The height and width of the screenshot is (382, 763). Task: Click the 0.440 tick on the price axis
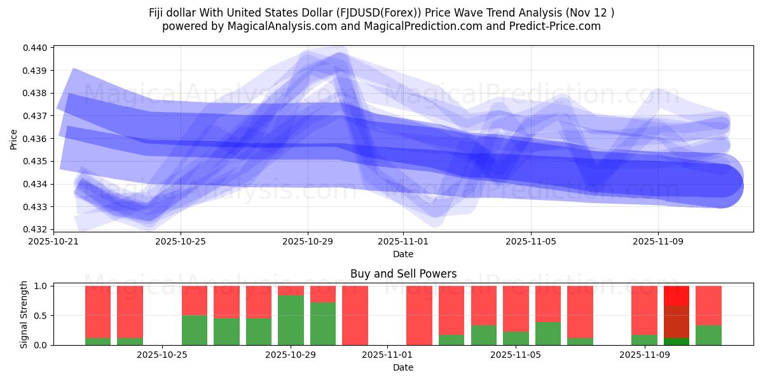click(x=36, y=48)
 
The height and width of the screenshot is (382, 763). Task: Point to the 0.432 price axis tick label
click(x=36, y=229)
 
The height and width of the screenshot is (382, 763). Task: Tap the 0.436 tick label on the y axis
click(x=36, y=139)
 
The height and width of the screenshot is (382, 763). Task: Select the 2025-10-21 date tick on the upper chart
click(x=53, y=242)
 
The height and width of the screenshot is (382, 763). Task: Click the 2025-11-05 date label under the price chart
click(x=530, y=242)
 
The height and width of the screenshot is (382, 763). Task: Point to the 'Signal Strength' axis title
click(x=24, y=314)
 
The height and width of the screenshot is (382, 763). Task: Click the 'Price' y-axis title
click(x=14, y=139)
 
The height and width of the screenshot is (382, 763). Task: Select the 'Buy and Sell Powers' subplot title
click(x=403, y=274)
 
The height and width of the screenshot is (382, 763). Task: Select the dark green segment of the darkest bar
click(x=677, y=341)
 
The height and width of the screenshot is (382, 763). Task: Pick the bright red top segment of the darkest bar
click(x=677, y=295)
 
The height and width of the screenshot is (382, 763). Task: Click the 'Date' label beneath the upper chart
click(x=403, y=254)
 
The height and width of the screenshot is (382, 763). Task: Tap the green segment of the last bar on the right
click(x=708, y=335)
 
